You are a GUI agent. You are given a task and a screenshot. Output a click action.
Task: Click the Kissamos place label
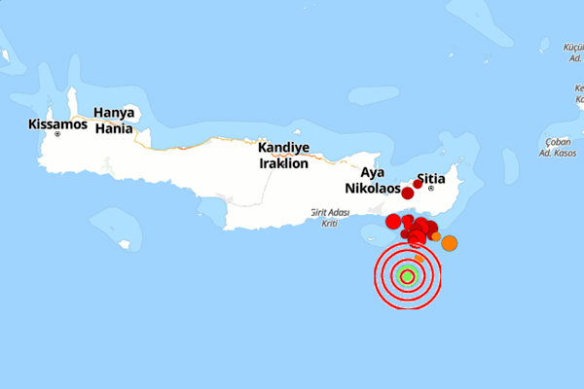click(x=57, y=124)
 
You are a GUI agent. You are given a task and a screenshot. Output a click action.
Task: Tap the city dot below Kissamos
click(x=57, y=134)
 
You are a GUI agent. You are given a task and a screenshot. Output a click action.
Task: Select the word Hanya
click(x=114, y=112)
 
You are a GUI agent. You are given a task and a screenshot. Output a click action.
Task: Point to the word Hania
click(x=113, y=126)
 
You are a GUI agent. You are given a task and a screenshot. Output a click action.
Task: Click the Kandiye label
click(x=283, y=148)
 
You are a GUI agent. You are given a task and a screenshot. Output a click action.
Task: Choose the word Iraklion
click(x=283, y=163)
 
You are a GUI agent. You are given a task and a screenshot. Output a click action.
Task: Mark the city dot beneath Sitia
click(x=430, y=189)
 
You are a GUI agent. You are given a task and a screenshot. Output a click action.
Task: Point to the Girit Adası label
click(x=329, y=211)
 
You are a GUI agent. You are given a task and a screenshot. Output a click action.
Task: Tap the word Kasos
click(x=568, y=155)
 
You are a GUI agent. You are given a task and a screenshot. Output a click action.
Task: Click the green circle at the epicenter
click(x=408, y=277)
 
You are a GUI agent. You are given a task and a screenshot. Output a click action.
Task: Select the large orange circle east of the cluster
click(x=449, y=243)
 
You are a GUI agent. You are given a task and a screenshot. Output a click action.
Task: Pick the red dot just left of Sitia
click(x=418, y=184)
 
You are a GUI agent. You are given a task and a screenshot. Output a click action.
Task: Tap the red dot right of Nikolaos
click(x=407, y=194)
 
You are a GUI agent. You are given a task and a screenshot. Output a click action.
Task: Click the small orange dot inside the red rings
click(x=419, y=258)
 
